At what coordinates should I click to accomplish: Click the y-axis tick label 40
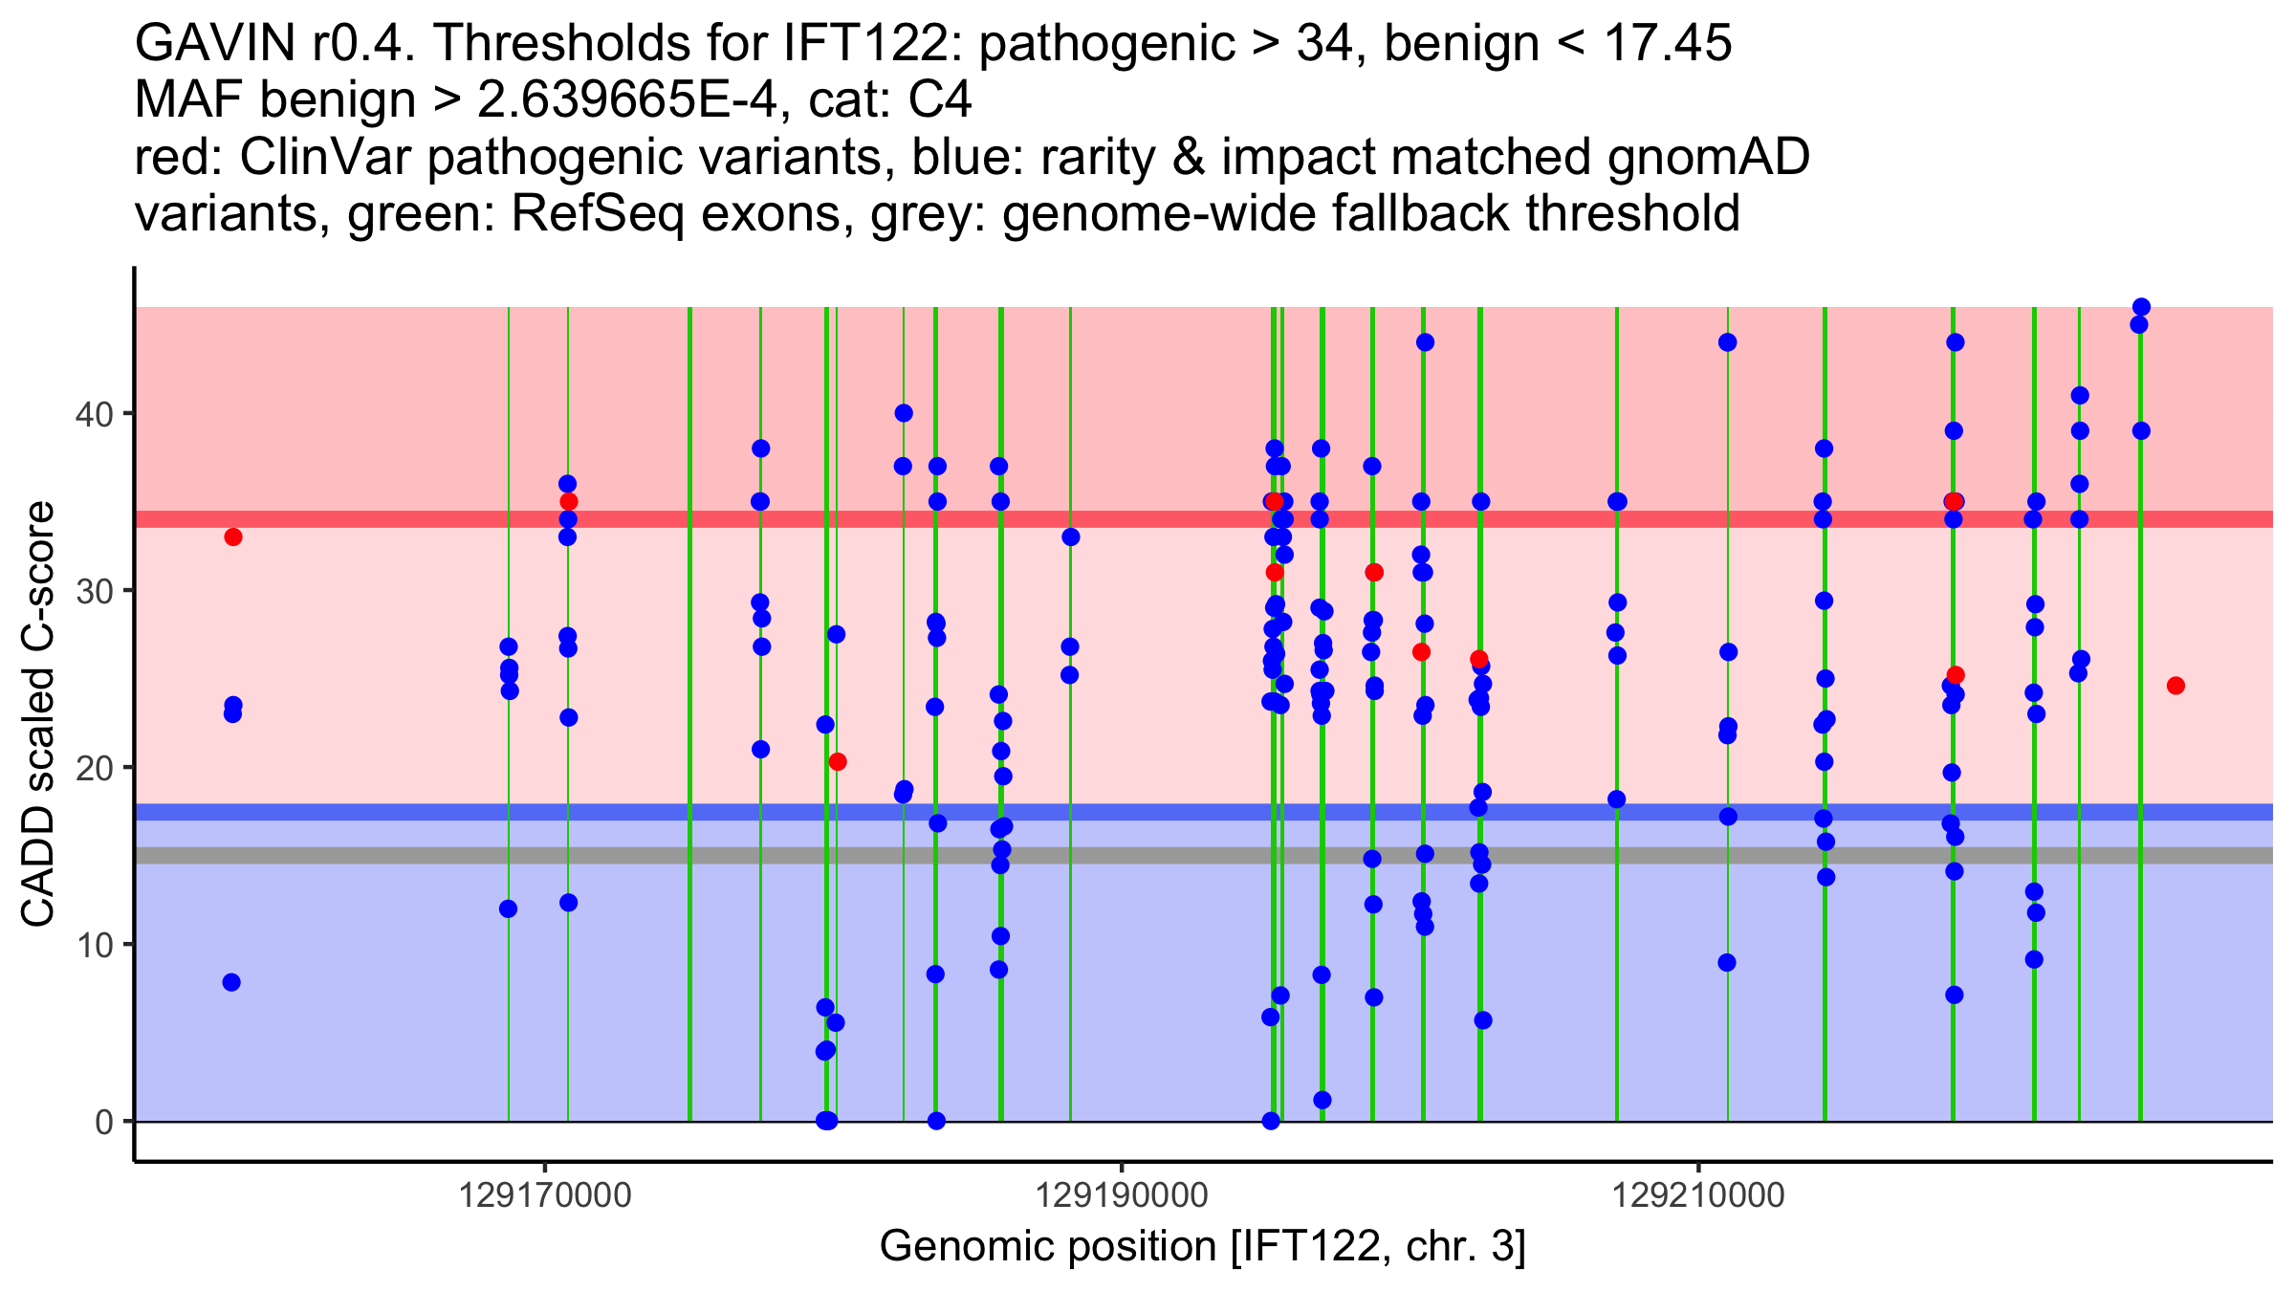93,414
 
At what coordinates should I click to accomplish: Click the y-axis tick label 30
93,591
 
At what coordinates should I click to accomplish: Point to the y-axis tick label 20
93,768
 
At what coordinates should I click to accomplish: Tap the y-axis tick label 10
93,945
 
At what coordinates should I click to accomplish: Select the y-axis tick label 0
104,1122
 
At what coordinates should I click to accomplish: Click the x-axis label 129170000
545,1195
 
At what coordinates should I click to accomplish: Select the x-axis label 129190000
1122,1195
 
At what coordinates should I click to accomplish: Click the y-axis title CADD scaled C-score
38,714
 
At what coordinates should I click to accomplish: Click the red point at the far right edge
2175,686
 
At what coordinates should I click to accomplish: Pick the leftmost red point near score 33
233,536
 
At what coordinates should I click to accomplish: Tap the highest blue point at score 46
2141,307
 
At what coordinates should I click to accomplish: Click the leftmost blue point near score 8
231,982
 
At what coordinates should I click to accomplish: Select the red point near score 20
838,761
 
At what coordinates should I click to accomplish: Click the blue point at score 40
904,413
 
